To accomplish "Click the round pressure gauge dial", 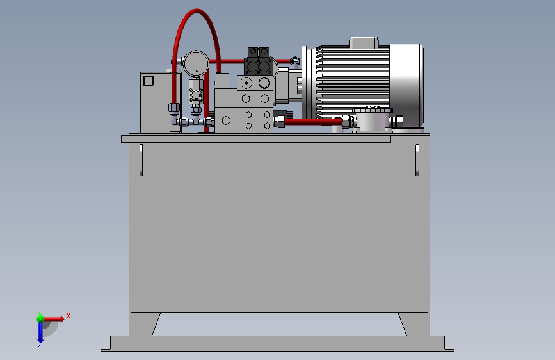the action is coord(196,64).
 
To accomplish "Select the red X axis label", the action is coord(68,316).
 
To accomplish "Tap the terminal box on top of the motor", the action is coord(364,42).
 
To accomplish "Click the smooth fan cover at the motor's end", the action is coord(406,85).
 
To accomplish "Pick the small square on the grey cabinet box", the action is coord(149,81).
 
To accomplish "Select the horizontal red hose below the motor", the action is coord(313,122).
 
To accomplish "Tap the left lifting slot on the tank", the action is coord(141,160).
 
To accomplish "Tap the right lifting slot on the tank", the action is coord(417,160).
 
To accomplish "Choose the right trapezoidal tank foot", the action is coord(415,324).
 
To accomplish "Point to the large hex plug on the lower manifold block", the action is coord(226,120).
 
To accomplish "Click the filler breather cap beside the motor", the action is coord(373,120).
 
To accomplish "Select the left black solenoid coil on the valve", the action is coord(252,66).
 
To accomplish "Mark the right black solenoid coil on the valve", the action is coord(265,66).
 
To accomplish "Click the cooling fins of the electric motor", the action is coord(353,82).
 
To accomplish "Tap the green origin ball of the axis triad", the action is coord(40,319).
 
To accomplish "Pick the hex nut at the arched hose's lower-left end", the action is coord(173,108).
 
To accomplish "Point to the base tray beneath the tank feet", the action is coord(277,343).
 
